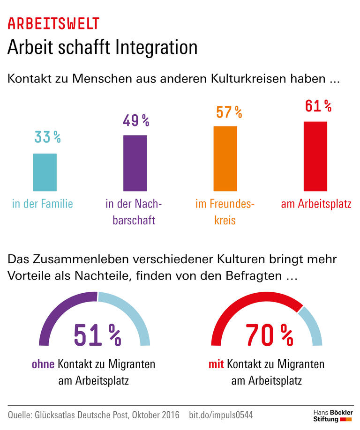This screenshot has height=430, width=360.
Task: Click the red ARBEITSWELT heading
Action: [53, 23]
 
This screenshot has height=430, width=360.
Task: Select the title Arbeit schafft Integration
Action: [102, 48]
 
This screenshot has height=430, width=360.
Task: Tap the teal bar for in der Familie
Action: [45, 172]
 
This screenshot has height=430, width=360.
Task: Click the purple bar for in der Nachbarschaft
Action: [135, 163]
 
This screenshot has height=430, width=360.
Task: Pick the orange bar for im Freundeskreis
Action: [225, 158]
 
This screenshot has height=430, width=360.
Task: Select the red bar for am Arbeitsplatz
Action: [315, 156]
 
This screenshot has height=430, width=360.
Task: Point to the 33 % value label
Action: [47, 137]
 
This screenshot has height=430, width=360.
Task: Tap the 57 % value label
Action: [229, 112]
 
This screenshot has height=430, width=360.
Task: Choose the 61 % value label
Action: [318, 106]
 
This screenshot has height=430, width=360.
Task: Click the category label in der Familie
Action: [43, 204]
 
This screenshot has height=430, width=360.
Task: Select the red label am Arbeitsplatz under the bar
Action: [316, 204]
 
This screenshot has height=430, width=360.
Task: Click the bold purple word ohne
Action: [43, 364]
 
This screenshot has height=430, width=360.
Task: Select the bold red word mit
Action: [217, 364]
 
